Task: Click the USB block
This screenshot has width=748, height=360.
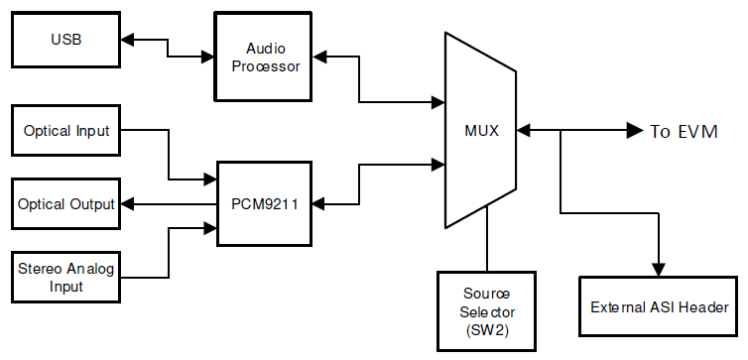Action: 64,41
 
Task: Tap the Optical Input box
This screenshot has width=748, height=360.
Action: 64,131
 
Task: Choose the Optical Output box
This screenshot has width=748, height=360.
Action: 64,204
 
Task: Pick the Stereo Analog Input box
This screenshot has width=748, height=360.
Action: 64,277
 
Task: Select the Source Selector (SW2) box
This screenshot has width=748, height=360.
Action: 486,309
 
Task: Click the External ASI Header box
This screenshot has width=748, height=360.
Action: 658,307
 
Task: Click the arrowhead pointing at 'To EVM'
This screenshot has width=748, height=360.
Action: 634,131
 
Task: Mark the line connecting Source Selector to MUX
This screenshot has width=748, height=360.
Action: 486,248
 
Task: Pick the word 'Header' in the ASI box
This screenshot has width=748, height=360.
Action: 705,307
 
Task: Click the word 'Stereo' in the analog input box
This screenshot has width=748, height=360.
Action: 40,269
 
